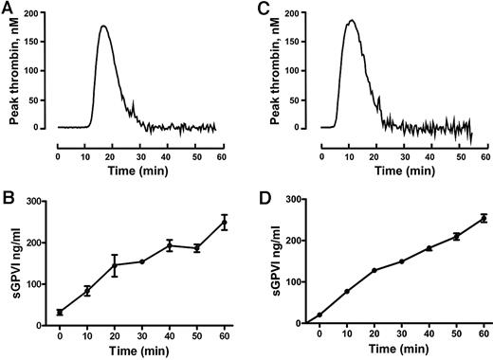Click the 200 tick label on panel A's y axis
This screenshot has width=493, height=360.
(x=38, y=16)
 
